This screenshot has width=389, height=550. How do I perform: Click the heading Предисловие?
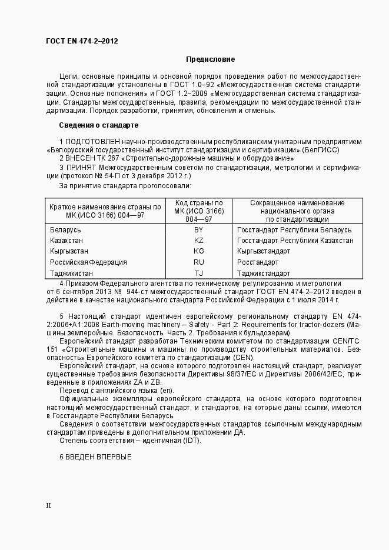tap(210, 59)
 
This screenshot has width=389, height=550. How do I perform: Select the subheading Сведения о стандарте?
tap(98, 125)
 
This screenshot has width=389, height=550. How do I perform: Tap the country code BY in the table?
tap(198, 229)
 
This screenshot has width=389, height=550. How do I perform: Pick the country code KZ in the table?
tap(198, 241)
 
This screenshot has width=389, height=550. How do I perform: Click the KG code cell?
tap(198, 251)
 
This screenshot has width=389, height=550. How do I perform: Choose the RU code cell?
tap(198, 262)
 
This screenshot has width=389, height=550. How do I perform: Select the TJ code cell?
tap(198, 274)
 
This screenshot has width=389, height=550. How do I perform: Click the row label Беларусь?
tap(65, 229)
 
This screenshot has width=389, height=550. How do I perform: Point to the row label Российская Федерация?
tap(88, 262)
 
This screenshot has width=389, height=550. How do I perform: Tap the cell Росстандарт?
tap(257, 262)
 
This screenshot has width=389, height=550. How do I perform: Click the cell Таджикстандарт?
tap(263, 274)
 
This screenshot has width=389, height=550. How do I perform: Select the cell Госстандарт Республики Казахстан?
tap(295, 241)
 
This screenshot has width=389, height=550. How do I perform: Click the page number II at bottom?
tap(49, 505)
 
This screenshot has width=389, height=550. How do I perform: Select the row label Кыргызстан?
tap(69, 251)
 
